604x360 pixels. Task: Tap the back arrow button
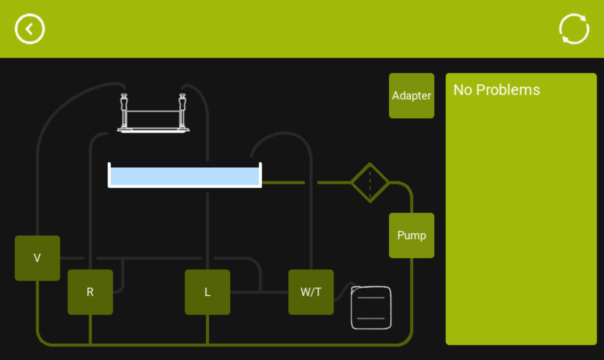[30, 29]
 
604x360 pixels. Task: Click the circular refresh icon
[574, 29]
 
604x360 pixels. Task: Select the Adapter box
[411, 96]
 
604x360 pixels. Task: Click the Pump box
[411, 236]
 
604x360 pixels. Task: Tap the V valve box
[37, 258]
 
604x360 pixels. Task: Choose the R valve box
[90, 292]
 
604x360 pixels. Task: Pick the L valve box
[207, 292]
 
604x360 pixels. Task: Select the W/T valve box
[311, 292]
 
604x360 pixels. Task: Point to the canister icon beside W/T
[371, 308]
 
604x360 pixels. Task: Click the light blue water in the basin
[185, 176]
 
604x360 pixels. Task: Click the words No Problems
[496, 90]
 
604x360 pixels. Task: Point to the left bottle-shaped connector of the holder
[124, 102]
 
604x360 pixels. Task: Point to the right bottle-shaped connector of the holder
[182, 102]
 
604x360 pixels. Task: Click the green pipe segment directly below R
[90, 329]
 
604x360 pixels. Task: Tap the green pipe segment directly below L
[207, 329]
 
